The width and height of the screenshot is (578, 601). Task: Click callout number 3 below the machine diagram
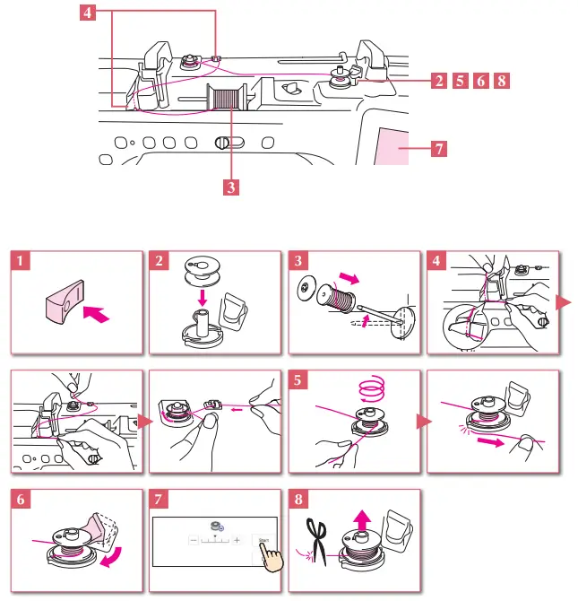tap(230, 188)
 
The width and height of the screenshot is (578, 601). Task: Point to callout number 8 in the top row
tap(502, 81)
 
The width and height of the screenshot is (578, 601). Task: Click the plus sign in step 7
tap(237, 542)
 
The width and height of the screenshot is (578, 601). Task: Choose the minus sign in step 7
tap(191, 542)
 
